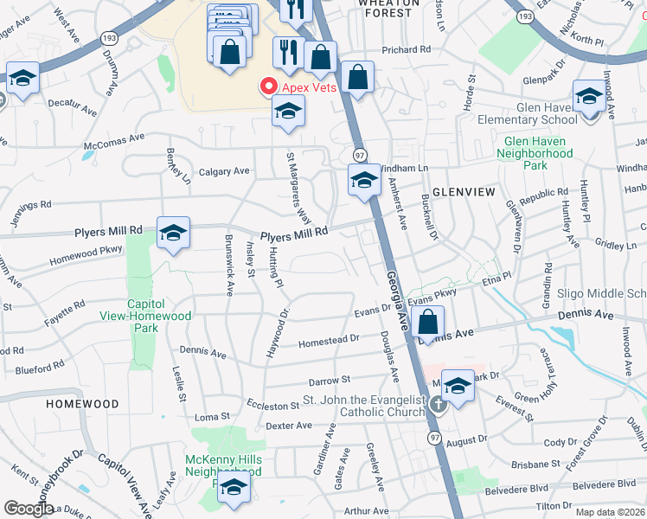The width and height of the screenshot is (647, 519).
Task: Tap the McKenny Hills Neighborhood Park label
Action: (x=223, y=466)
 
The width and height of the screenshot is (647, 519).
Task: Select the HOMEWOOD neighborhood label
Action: (x=83, y=404)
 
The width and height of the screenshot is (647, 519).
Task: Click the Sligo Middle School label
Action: (x=601, y=294)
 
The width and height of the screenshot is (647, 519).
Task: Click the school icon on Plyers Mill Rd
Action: (x=173, y=233)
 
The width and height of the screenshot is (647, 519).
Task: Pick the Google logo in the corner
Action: (x=29, y=509)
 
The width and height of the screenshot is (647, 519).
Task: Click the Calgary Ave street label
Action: (x=224, y=171)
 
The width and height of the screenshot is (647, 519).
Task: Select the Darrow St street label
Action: (x=329, y=380)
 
